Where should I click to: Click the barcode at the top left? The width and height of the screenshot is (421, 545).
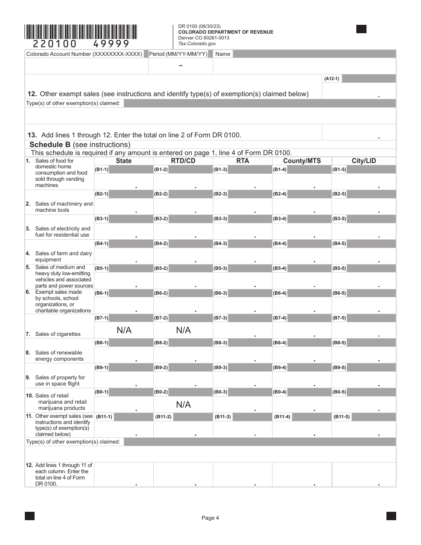[x=81, y=32]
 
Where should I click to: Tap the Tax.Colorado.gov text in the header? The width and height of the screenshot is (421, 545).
[x=197, y=43]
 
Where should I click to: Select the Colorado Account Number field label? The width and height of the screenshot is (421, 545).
[x=84, y=54]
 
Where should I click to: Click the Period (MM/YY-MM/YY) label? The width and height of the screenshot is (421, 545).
[x=178, y=54]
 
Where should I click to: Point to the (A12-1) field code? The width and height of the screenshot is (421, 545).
[x=331, y=79]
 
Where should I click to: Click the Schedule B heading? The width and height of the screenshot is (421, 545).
[x=80, y=144]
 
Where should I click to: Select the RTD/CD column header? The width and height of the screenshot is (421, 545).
[x=183, y=161]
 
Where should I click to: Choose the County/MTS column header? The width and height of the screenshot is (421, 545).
[x=302, y=161]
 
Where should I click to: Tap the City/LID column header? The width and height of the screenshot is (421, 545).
[x=363, y=161]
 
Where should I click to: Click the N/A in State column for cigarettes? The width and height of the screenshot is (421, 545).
[x=124, y=330]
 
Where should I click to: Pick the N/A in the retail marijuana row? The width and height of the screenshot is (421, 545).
[x=183, y=405]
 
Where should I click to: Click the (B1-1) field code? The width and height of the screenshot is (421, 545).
[x=101, y=169]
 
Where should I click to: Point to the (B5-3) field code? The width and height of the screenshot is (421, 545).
[x=220, y=269]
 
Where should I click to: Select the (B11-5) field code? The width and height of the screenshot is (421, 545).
[x=341, y=417]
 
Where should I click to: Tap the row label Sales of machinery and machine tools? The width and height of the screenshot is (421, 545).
[x=64, y=207]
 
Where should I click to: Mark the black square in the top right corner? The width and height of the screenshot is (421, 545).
[x=361, y=29]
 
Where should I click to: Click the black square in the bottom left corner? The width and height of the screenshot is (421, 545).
[x=30, y=516]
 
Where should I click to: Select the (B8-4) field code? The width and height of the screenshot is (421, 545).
[x=280, y=343]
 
